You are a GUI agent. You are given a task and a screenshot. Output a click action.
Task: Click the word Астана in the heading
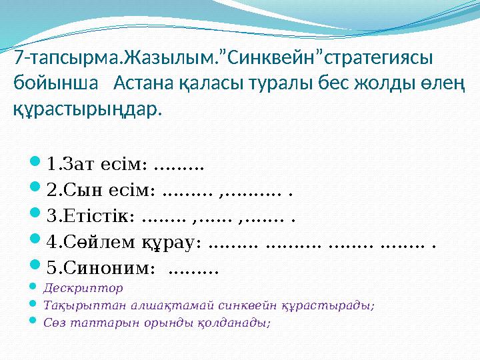pos(139,83)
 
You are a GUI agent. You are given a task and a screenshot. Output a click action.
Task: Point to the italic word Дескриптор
pos(83,289)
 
